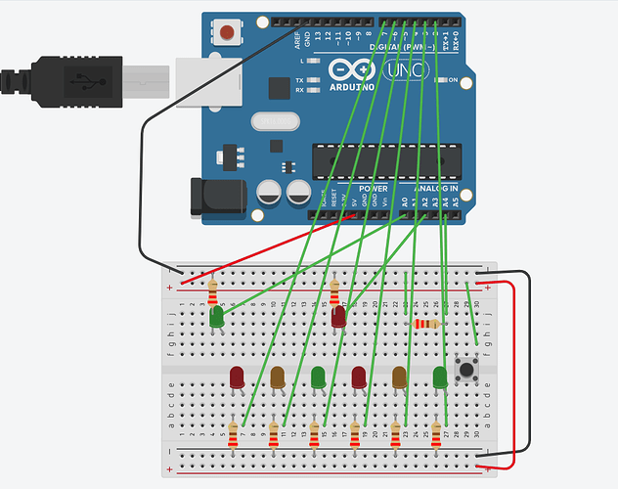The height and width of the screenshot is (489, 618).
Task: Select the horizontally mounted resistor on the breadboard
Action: pyautogui.click(x=425, y=324)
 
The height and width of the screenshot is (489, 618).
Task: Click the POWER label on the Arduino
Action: pyautogui.click(x=374, y=187)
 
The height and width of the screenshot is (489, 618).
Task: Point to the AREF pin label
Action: pyautogui.click(x=296, y=39)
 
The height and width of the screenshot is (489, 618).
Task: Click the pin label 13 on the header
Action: pyautogui.click(x=317, y=37)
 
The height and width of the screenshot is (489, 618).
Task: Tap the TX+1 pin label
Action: pyautogui.click(x=445, y=41)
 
